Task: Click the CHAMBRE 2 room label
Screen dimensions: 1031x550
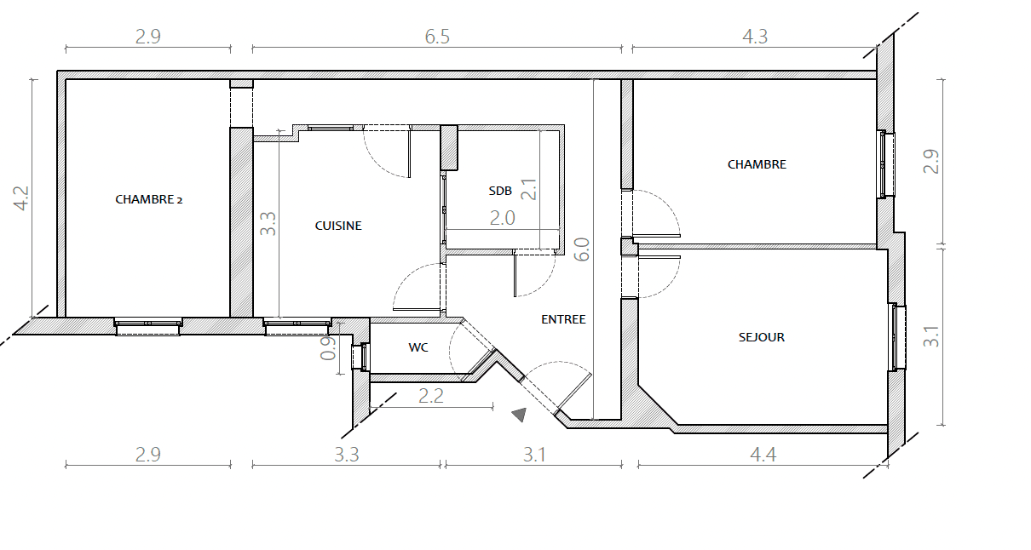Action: click(148, 199)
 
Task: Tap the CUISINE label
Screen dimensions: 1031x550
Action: click(338, 226)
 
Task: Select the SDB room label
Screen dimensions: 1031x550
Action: click(500, 191)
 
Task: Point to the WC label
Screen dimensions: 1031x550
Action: click(418, 347)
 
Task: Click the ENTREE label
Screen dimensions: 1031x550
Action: click(563, 319)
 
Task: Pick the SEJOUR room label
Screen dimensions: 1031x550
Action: click(762, 337)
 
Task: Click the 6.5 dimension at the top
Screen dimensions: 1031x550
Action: click(437, 37)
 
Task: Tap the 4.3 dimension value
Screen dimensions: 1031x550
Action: click(755, 37)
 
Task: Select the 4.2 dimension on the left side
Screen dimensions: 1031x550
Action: click(21, 198)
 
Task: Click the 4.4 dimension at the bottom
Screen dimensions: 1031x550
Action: click(763, 455)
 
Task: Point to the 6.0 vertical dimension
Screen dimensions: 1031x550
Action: click(582, 249)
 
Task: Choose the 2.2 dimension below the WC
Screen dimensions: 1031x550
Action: click(431, 396)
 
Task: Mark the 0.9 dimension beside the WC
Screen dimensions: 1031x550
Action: click(328, 348)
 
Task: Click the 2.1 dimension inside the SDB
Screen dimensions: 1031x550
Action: click(529, 190)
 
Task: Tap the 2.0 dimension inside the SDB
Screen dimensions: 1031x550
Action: click(502, 218)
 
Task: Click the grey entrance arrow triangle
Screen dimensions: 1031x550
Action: click(520, 415)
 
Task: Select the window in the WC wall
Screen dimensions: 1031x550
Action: click(361, 357)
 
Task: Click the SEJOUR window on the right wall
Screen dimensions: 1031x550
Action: click(898, 337)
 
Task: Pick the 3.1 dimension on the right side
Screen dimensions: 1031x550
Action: click(930, 336)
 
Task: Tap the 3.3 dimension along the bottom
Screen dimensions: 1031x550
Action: click(346, 455)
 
